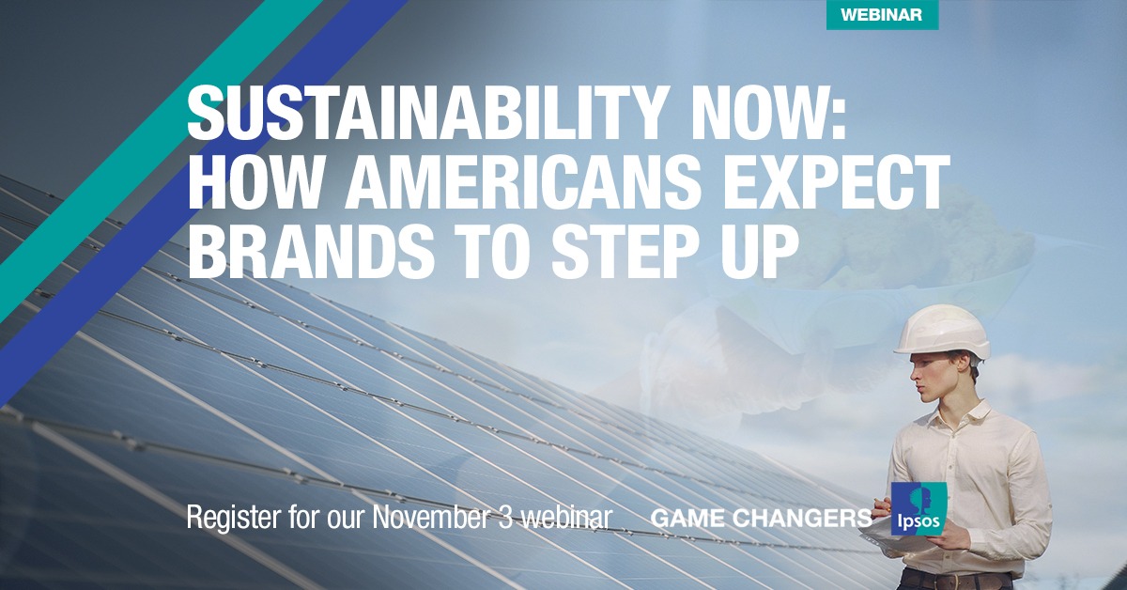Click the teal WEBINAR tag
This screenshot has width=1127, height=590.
(x=882, y=15)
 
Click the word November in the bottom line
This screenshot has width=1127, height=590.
(x=430, y=516)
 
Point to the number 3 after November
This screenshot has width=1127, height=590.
(x=503, y=516)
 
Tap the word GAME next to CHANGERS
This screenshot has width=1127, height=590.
(x=687, y=518)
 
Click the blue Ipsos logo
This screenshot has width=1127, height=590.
(x=919, y=509)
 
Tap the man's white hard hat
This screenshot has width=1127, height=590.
(x=942, y=331)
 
